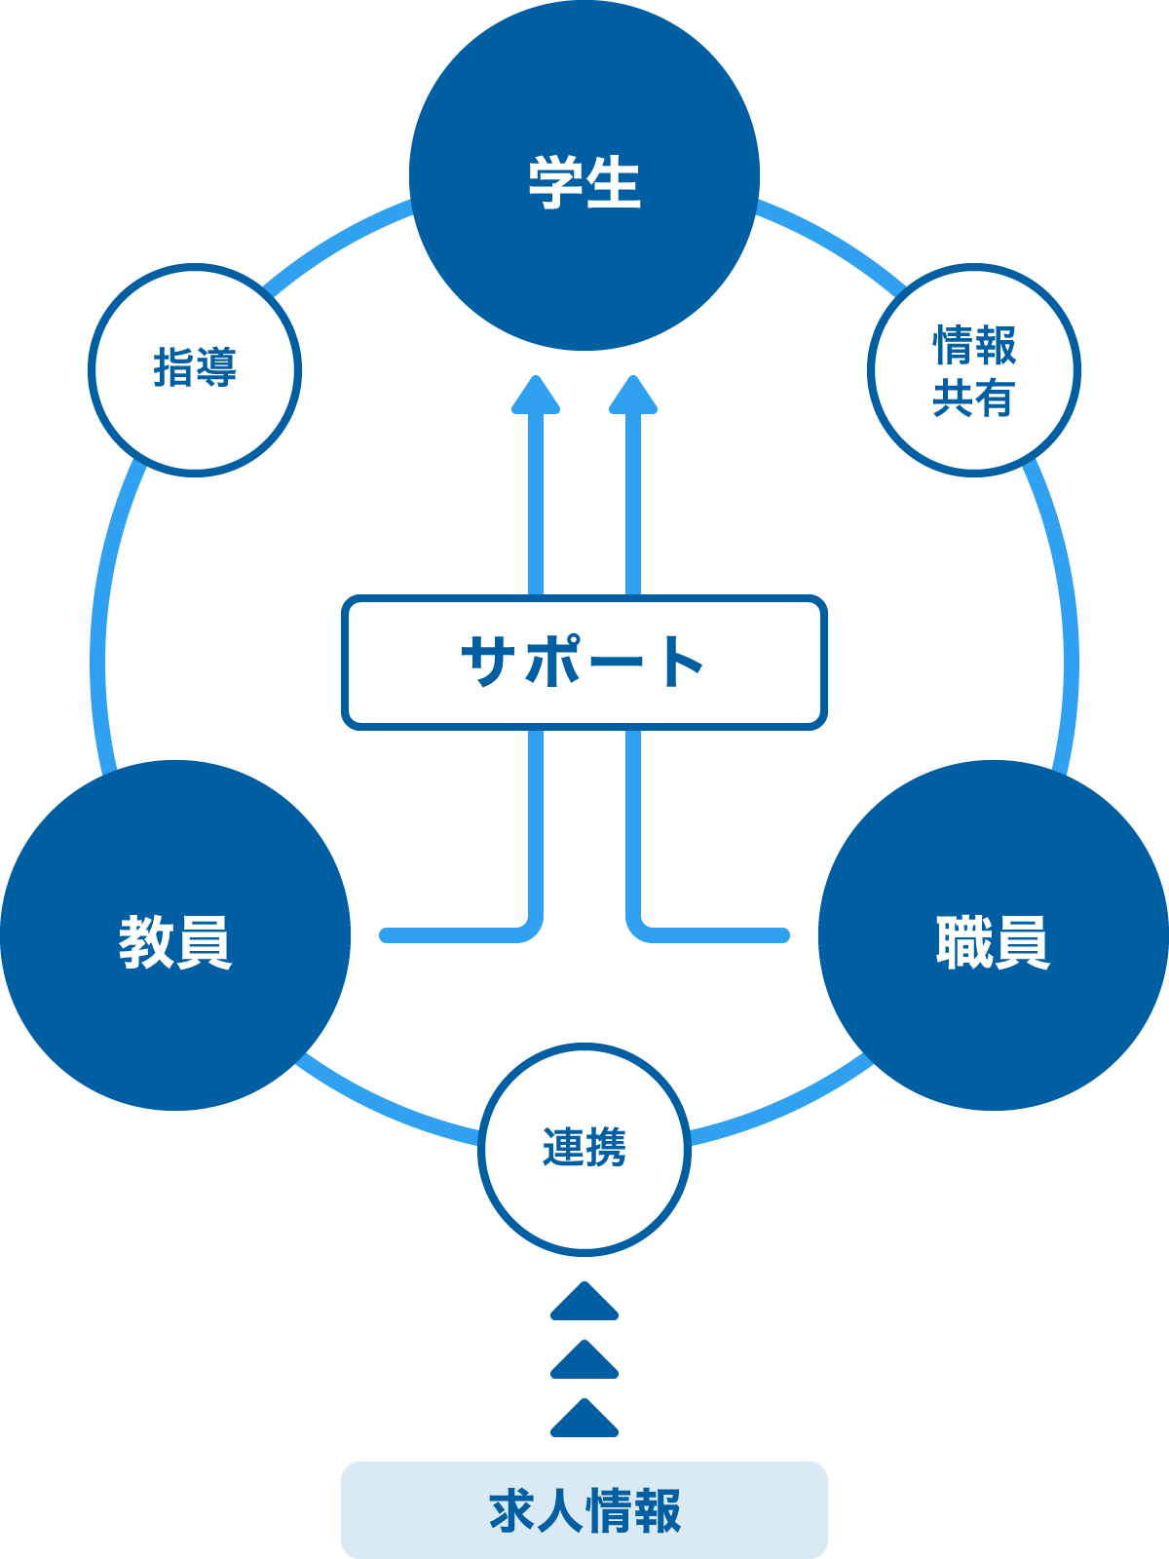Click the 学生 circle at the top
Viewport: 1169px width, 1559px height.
[x=584, y=175]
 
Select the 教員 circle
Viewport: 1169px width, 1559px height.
[x=175, y=935]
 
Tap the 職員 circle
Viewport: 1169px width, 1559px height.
[x=994, y=935]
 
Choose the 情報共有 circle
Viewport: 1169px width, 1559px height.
[x=974, y=370]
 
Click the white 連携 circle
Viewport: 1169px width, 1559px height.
[x=584, y=1148]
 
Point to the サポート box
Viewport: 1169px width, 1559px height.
[x=584, y=663]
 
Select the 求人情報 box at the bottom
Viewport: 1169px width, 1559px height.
[x=584, y=1510]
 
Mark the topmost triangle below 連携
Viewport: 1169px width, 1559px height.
[x=584, y=1303]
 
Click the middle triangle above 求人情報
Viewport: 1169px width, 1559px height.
[x=584, y=1361]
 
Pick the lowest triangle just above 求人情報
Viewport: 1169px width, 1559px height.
[x=584, y=1420]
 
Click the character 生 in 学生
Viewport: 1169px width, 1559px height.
[x=614, y=182]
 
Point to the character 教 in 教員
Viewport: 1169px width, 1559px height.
[x=146, y=942]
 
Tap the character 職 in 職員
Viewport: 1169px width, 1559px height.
[x=964, y=942]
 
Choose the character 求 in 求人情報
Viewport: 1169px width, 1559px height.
[x=512, y=1511]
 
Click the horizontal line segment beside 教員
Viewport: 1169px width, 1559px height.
[x=448, y=935]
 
